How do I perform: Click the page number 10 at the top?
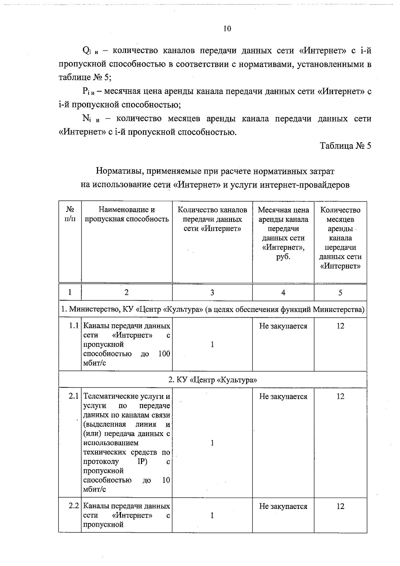coord(227,29)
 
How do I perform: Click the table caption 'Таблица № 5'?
coord(345,146)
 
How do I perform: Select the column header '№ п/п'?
coord(70,214)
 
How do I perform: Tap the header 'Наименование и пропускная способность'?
coord(127,214)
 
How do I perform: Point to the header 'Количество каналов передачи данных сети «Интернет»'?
coord(212,219)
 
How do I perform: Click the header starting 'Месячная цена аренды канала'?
coord(283,233)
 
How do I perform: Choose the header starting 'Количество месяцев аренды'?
coord(340,238)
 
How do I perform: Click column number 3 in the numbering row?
coord(212,293)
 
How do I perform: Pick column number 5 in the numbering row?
coord(340,293)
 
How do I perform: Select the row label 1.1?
coord(74,326)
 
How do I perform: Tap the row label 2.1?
coord(74,396)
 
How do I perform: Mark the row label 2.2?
coord(74,506)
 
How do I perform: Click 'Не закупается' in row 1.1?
coord(283,326)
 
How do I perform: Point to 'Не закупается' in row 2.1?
coord(283,396)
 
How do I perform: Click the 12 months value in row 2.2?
coord(340,506)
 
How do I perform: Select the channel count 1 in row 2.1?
coord(212,443)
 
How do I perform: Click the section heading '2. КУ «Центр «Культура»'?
coord(212,380)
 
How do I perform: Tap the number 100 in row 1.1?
coord(164,354)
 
